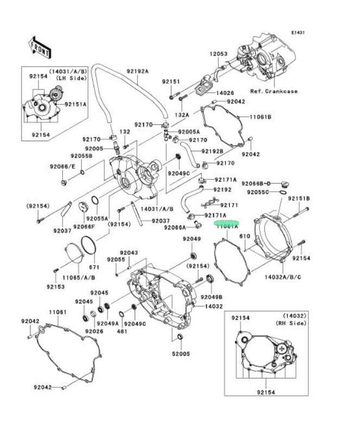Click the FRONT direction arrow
tap(40, 47)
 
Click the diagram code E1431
tap(298, 33)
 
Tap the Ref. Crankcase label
tap(274, 91)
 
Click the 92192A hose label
tap(137, 71)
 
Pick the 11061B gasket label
tap(261, 117)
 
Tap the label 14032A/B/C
tap(283, 277)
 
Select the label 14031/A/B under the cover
tap(157, 208)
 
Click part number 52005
tap(181, 354)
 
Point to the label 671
tap(94, 268)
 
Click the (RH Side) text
tap(294, 323)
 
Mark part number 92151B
tap(299, 198)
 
